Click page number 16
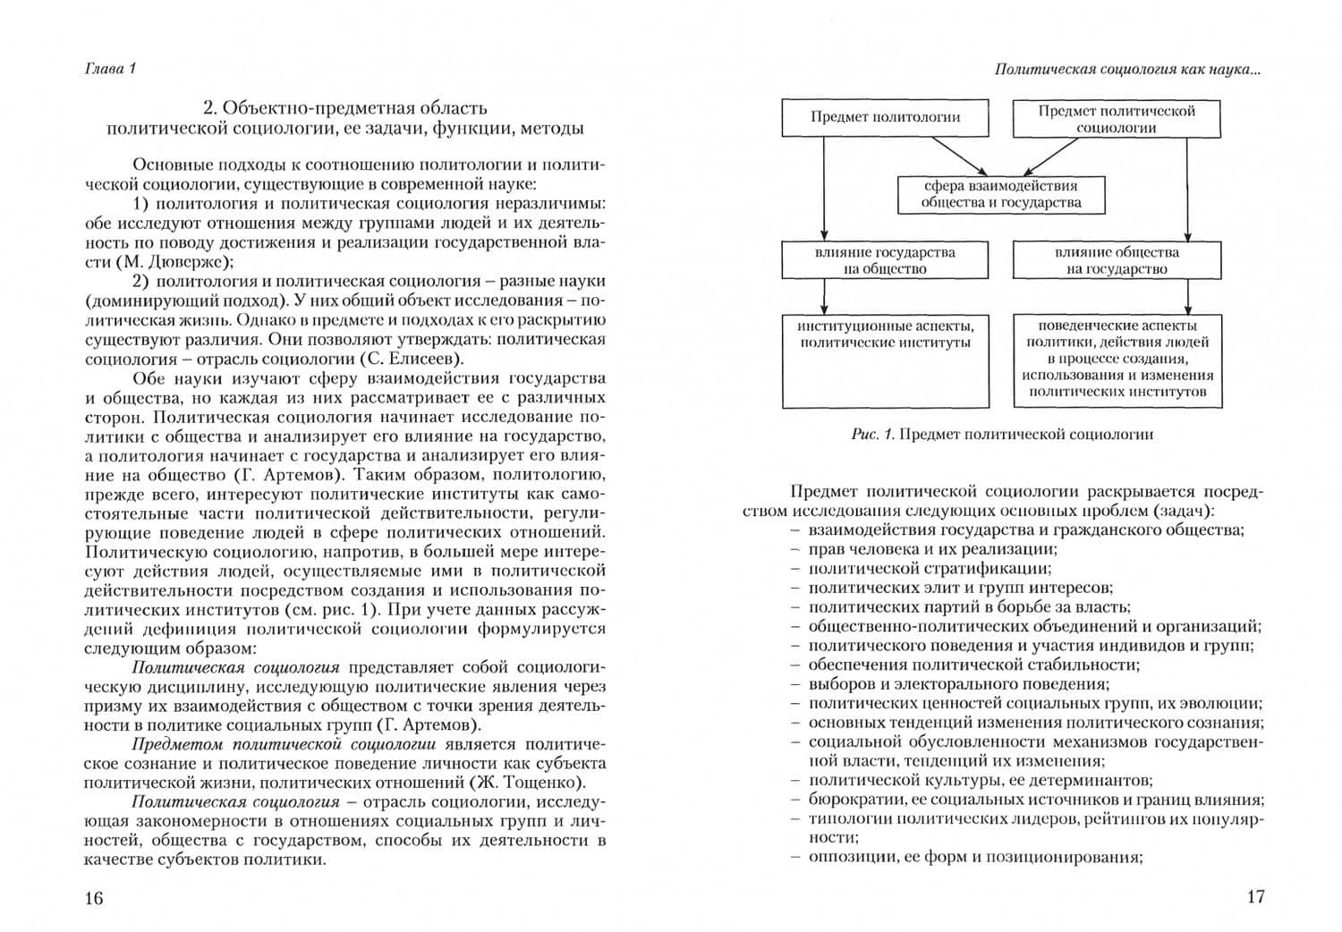(x=94, y=898)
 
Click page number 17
(x=1255, y=896)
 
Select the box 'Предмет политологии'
(x=885, y=117)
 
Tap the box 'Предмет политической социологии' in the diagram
(x=1116, y=119)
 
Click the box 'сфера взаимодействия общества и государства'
(x=1000, y=194)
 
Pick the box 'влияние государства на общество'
(x=885, y=260)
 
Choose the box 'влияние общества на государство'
(x=1116, y=260)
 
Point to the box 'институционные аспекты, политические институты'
(x=885, y=360)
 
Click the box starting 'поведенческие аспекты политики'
(x=1117, y=360)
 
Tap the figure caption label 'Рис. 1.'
(x=873, y=435)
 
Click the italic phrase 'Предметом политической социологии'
(x=284, y=743)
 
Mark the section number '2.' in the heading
(x=210, y=108)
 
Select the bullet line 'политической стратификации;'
(x=930, y=568)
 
